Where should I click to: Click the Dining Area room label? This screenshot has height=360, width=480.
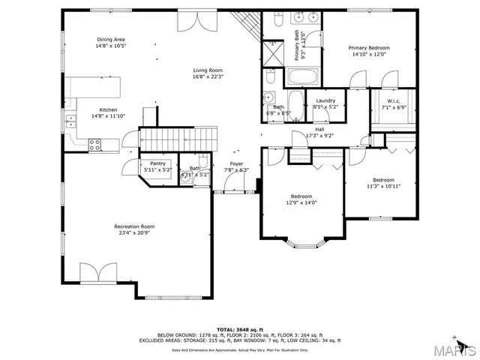109,40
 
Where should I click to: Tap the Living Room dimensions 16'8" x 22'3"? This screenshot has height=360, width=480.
208,76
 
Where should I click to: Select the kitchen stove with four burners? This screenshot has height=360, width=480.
96,145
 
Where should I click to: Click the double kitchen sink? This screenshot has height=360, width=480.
70,120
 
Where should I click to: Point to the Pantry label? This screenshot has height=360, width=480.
157,163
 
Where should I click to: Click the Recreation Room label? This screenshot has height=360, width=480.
134,226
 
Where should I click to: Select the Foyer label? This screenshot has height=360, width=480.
236,163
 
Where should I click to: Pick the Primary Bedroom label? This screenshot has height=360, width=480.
369,47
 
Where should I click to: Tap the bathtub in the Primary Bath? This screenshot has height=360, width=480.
303,77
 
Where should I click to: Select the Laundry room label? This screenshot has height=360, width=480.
325,100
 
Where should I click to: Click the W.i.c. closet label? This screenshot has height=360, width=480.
391,100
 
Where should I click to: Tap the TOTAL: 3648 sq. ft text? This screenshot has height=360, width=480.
239,329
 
